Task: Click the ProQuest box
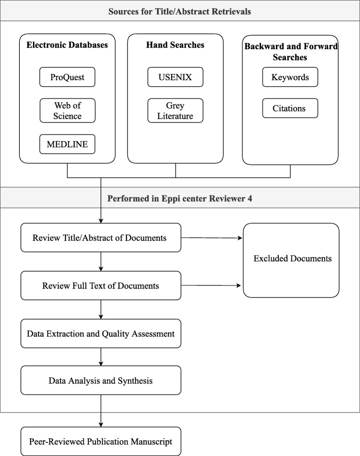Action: [x=68, y=77]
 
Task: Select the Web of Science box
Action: [x=68, y=110]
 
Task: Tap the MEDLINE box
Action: [x=68, y=145]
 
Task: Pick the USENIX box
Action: [x=176, y=77]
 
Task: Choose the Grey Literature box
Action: [x=176, y=110]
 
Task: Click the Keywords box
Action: [x=290, y=77]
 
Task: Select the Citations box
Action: [x=290, y=108]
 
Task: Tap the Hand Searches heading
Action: [x=176, y=45]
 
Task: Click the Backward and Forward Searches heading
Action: [x=290, y=52]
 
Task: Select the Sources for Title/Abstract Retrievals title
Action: [x=180, y=11]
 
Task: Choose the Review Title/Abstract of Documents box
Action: [x=101, y=237]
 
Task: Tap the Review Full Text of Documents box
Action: [x=101, y=285]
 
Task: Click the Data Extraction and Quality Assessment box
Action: [x=101, y=334]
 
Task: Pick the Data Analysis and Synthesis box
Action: [x=101, y=380]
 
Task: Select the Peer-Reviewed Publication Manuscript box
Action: [x=101, y=441]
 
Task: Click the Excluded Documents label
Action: [x=292, y=258]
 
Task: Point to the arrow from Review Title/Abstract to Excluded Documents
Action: [x=212, y=237]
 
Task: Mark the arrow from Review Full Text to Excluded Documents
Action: [x=212, y=285]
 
